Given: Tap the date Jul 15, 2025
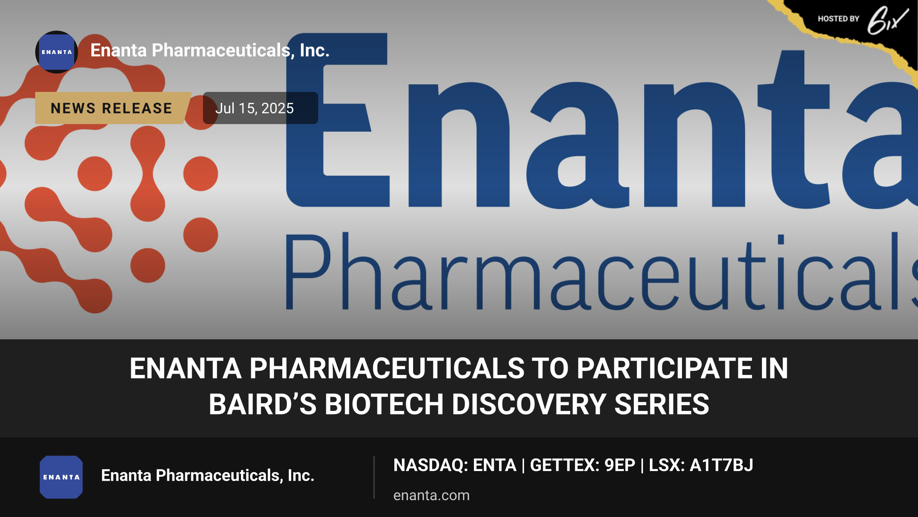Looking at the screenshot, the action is pyautogui.click(x=254, y=108).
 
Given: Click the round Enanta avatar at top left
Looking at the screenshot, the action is pyautogui.click(x=57, y=52).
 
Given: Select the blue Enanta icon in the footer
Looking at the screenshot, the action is pyautogui.click(x=61, y=477).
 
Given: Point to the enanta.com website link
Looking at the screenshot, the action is pyautogui.click(x=431, y=495).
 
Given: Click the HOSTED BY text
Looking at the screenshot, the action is pyautogui.click(x=838, y=19).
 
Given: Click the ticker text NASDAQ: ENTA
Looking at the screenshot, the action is pyautogui.click(x=455, y=465).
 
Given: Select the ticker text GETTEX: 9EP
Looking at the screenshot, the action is pyautogui.click(x=582, y=465).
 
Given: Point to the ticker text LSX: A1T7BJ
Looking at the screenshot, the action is pyautogui.click(x=701, y=465).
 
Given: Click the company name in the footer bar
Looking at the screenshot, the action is pyautogui.click(x=208, y=476).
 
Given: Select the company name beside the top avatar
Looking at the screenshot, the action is pyautogui.click(x=210, y=51).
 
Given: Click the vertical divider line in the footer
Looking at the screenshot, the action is pyautogui.click(x=374, y=477).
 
